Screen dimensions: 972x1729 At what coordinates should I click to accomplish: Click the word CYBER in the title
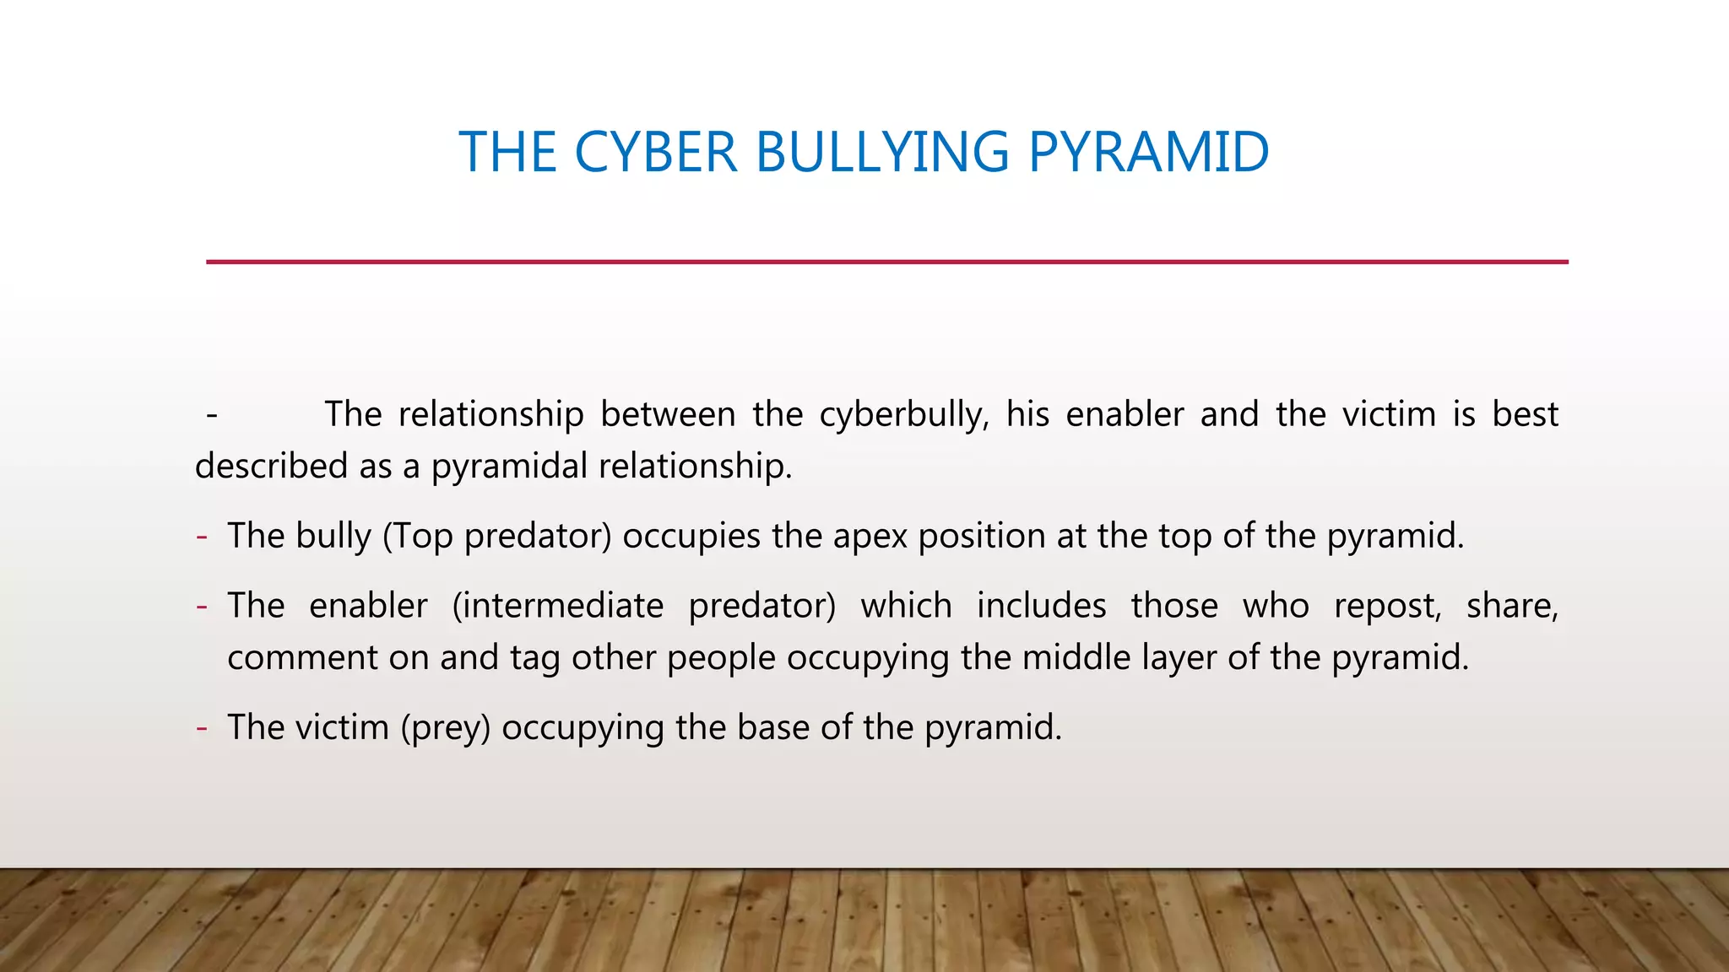(x=655, y=153)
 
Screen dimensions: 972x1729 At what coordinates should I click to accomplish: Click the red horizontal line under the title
(x=886, y=262)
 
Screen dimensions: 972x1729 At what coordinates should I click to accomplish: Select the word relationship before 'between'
(x=491, y=415)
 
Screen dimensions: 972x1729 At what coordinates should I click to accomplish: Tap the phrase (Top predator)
(x=496, y=537)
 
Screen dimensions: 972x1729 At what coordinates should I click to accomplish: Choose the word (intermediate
(x=558, y=607)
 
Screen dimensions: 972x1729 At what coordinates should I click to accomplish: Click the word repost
(x=1387, y=607)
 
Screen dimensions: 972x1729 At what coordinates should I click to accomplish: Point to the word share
(x=1511, y=607)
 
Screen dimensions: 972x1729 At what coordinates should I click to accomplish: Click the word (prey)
(x=445, y=728)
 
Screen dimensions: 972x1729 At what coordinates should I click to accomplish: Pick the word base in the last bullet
(x=772, y=728)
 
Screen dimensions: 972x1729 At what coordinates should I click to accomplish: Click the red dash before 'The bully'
(x=202, y=537)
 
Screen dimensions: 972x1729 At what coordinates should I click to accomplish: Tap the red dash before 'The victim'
(x=202, y=728)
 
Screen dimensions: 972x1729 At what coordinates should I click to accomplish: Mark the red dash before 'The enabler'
(x=202, y=607)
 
